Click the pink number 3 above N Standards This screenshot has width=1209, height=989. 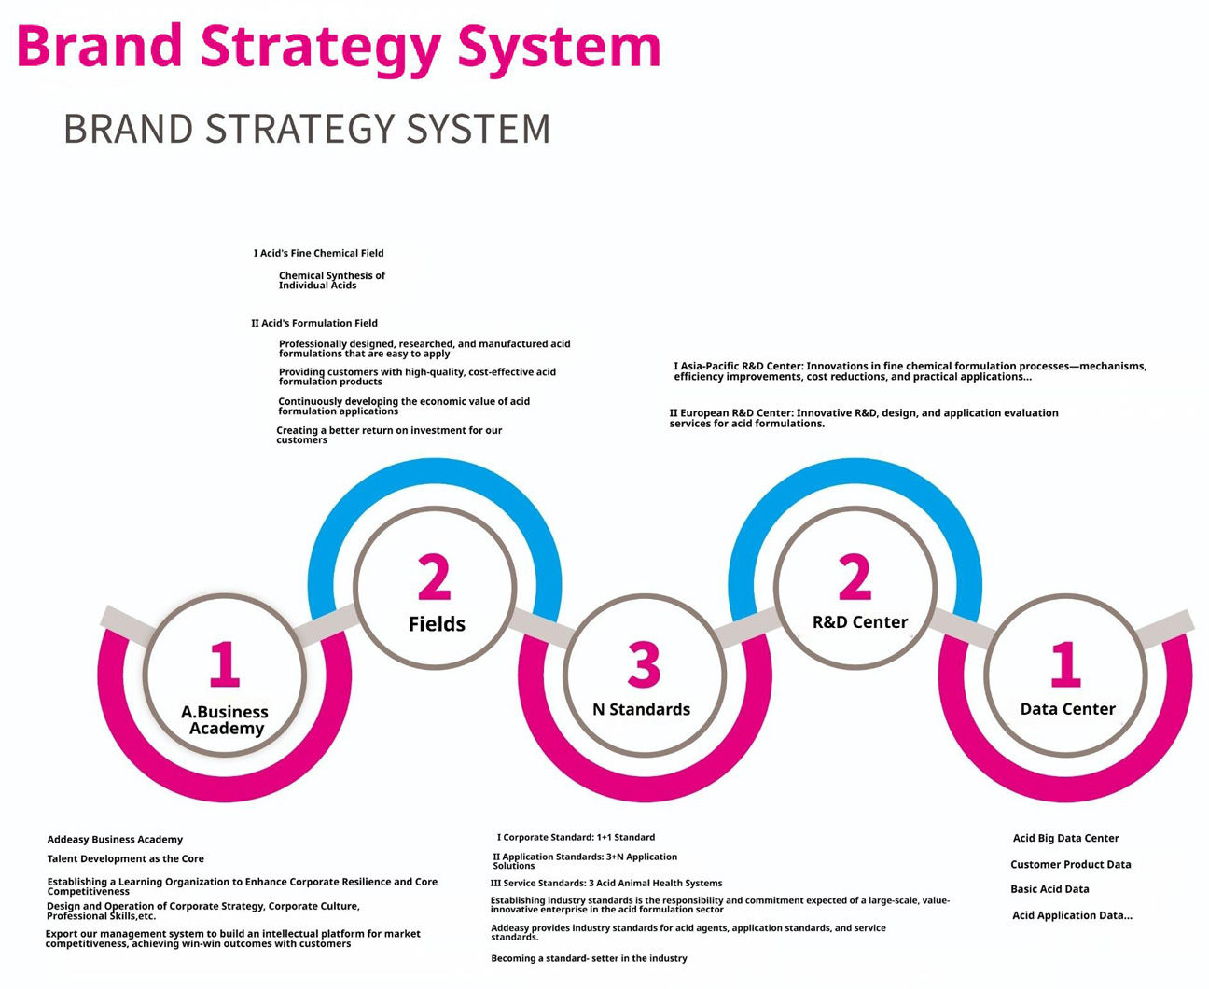[x=644, y=664]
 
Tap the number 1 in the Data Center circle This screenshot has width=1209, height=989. [x=1065, y=664]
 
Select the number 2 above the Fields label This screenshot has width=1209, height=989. [x=435, y=577]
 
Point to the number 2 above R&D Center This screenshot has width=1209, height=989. [x=855, y=577]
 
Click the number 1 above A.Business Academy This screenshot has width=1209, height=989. [x=224, y=664]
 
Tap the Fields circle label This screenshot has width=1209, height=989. [x=437, y=624]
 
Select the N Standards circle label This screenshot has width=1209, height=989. [x=641, y=709]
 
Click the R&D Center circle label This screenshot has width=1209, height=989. [x=860, y=622]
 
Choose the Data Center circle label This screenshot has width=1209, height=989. [x=1067, y=709]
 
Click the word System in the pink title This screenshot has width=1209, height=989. [x=560, y=48]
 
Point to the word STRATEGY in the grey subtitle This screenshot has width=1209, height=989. [x=299, y=129]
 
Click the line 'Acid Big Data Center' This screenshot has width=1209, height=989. [x=1065, y=838]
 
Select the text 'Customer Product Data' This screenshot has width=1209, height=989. [x=1071, y=864]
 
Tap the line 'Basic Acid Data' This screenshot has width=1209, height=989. [x=1049, y=889]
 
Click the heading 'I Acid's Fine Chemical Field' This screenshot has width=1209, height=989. [x=319, y=253]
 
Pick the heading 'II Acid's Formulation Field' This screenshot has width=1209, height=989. [x=314, y=323]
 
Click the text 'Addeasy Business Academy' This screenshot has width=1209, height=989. [x=115, y=840]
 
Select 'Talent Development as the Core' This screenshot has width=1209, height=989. [x=126, y=859]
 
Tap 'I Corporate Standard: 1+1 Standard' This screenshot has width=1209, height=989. [x=576, y=837]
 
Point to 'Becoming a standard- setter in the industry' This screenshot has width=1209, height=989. [x=589, y=958]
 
